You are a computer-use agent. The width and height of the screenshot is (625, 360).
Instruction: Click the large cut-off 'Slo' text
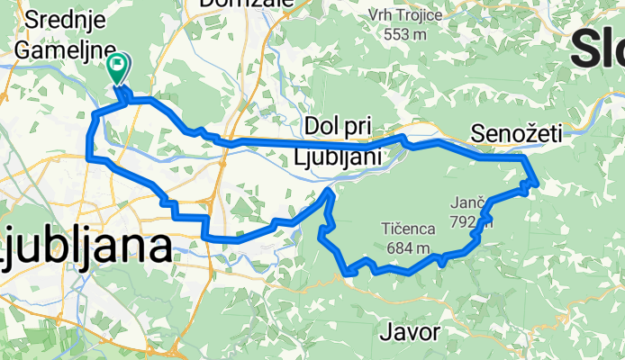click(x=596, y=44)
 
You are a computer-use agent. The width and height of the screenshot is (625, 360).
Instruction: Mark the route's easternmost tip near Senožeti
click(x=537, y=184)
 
